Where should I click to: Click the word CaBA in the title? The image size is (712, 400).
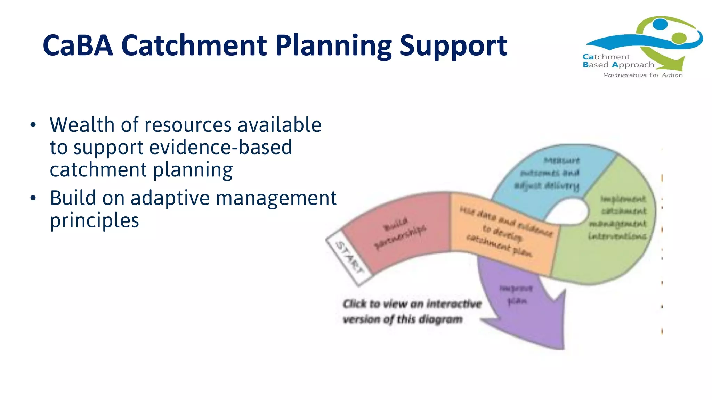[78, 45]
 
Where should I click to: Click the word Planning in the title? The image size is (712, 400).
[333, 46]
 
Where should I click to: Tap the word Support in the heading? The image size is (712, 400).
[453, 46]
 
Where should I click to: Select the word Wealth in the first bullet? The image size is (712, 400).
[82, 125]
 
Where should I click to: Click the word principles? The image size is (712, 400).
[94, 220]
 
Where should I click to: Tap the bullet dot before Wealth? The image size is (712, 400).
[33, 125]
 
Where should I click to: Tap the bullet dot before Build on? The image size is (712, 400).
[33, 198]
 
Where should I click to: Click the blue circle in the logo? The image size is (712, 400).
[660, 24]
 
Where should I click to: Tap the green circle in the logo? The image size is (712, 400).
[679, 38]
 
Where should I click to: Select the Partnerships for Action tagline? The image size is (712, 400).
[643, 75]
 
